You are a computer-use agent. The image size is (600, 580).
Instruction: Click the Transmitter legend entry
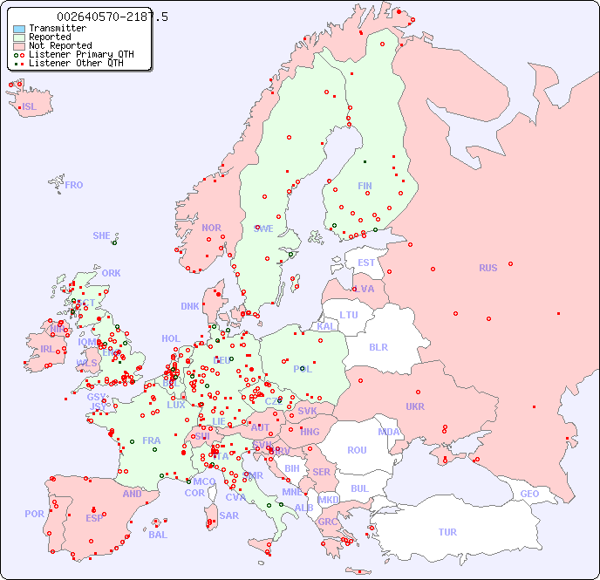point(57,29)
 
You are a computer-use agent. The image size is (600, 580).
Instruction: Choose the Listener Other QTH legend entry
point(76,63)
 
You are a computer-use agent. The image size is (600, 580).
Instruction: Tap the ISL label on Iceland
point(30,107)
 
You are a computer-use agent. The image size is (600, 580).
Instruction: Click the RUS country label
point(487,268)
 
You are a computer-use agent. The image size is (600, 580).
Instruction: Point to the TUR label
point(447,532)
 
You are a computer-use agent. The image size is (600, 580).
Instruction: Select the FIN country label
point(365,186)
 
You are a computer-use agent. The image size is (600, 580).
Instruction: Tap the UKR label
point(415,406)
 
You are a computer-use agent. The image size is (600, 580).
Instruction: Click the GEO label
point(529,494)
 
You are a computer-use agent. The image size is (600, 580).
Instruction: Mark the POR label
point(34,514)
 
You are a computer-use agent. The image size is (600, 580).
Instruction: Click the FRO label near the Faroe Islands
point(74,185)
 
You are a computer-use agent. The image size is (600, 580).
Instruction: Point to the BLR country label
point(378,346)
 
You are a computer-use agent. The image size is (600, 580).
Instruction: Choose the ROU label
point(357,450)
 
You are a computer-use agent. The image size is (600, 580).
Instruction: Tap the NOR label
point(211,228)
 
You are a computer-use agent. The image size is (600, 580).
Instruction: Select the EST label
point(366,263)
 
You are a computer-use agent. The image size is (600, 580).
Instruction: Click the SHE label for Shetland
point(102,235)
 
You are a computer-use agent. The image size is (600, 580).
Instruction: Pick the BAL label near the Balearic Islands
point(157,535)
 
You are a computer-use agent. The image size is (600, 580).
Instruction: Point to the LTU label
point(349,315)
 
